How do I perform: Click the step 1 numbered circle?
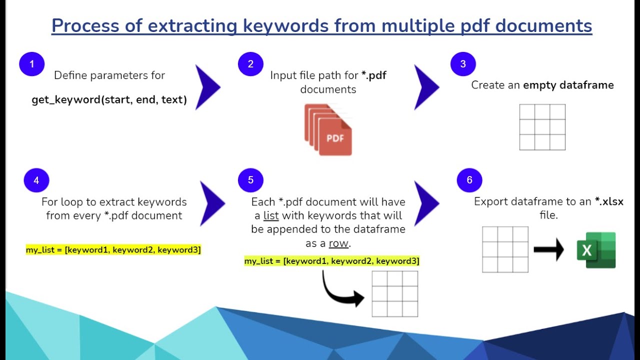[x=32, y=64]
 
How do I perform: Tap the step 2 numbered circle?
[x=250, y=64]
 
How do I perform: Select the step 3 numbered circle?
[x=463, y=64]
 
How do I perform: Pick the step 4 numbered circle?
[x=36, y=180]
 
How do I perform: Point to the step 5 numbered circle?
[x=250, y=180]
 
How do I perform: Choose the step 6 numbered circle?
[x=469, y=180]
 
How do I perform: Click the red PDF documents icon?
[x=329, y=130]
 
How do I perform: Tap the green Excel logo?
[x=596, y=250]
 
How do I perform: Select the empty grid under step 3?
[x=542, y=127]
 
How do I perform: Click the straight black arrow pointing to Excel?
[x=548, y=249]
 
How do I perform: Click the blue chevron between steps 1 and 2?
[x=206, y=87]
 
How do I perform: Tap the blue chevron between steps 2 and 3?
[x=425, y=87]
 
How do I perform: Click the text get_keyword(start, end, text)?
[x=109, y=99]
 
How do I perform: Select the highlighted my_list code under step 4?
[x=113, y=249]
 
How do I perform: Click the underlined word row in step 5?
[x=338, y=243]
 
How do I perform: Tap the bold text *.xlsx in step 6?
[x=609, y=201]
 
